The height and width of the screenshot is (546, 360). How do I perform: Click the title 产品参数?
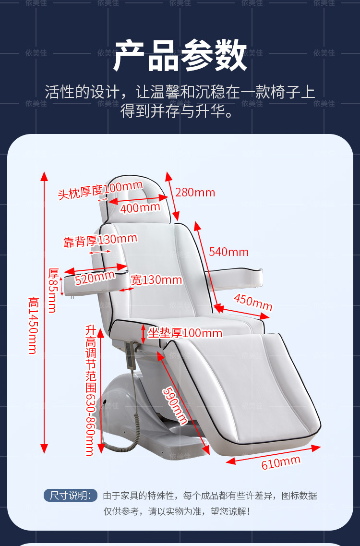click(180, 57)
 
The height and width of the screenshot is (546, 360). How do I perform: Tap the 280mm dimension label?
click(195, 193)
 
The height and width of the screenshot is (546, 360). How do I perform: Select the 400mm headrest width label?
click(140, 208)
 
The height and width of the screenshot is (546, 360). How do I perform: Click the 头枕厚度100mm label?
click(100, 190)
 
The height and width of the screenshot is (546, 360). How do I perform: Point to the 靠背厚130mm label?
click(100, 240)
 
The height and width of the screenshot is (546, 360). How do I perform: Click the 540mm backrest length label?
click(228, 252)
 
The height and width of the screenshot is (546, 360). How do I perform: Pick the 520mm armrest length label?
click(95, 278)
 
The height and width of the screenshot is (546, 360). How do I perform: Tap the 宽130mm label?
click(156, 280)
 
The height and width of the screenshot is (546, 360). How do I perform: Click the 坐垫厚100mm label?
click(185, 333)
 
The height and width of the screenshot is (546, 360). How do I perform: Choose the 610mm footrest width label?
click(281, 462)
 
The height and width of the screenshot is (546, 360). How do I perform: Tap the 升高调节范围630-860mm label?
click(90, 390)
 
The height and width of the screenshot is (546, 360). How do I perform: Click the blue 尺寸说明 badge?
click(70, 496)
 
